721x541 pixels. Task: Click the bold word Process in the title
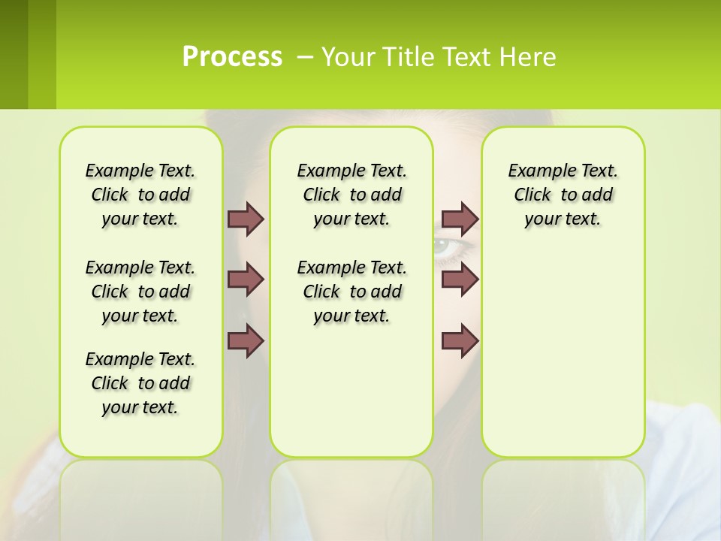[232, 57]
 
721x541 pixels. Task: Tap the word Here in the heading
[529, 57]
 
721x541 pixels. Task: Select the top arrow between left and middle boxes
[246, 219]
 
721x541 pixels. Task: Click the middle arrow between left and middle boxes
[246, 280]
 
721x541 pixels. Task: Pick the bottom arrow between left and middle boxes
[246, 340]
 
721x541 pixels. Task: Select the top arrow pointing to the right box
[460, 219]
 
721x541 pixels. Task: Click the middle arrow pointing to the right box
[460, 280]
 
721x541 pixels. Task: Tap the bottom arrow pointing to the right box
[460, 340]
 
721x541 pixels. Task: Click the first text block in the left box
[140, 195]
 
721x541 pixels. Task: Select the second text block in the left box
[140, 292]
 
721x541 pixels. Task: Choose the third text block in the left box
[140, 383]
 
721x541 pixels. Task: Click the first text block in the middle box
[351, 195]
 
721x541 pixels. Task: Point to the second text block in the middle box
[351, 292]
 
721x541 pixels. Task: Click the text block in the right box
[563, 195]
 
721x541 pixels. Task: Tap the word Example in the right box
[534, 171]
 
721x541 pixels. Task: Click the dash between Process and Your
[305, 57]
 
